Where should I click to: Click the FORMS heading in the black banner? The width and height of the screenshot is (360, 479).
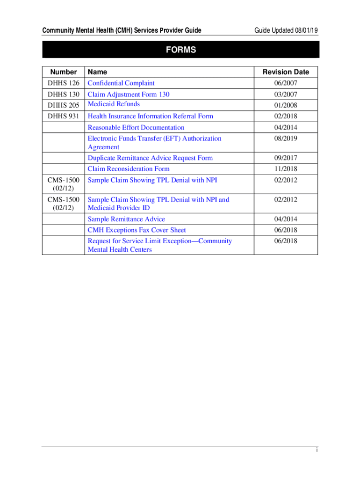[180, 50]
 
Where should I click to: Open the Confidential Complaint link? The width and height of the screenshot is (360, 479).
[121, 83]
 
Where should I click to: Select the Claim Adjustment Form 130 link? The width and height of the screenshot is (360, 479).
[129, 94]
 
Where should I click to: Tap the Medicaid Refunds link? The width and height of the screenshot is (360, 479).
[114, 104]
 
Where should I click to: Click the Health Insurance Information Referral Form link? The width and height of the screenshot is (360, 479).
[150, 116]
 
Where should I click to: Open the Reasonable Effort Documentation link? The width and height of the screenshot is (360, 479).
[136, 128]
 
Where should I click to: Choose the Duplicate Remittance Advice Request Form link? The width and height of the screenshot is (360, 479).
[150, 158]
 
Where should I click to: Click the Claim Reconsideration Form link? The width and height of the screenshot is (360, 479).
[129, 169]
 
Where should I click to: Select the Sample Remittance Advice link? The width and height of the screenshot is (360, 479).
[126, 219]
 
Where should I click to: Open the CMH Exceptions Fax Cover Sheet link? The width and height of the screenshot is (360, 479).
[137, 230]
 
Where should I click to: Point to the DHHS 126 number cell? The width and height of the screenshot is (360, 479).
[63, 83]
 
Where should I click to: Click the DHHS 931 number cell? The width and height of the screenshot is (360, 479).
[63, 116]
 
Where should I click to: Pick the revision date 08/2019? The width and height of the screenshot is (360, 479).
[286, 139]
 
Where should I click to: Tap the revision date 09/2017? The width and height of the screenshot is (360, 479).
[286, 158]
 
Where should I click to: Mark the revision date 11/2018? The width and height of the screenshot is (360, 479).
[286, 169]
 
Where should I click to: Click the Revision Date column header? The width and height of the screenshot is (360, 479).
[286, 72]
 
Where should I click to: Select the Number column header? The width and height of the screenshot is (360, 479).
[63, 72]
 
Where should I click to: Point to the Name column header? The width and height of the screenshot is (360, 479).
[97, 72]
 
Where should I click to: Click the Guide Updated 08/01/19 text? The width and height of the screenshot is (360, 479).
[286, 31]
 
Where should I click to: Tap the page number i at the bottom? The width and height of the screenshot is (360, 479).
[317, 450]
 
